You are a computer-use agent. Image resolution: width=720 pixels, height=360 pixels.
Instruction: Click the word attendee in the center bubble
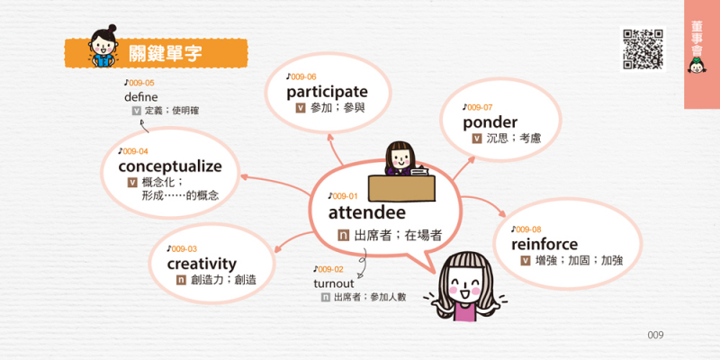[367, 212]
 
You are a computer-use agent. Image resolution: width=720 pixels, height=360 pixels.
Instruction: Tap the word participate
[327, 92]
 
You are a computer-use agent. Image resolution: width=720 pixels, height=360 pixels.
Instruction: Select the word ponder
[490, 122]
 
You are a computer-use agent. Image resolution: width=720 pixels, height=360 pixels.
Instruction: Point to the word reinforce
[544, 244]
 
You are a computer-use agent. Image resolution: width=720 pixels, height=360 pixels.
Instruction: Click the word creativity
[202, 264]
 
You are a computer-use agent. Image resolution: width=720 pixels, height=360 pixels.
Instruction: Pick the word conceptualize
[170, 166]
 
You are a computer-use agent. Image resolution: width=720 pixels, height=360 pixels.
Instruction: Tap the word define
[141, 97]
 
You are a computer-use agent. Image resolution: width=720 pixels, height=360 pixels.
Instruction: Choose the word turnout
[334, 283]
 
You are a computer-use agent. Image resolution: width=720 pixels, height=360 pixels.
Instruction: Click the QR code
[643, 49]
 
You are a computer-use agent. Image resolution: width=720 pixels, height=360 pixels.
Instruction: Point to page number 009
[655, 335]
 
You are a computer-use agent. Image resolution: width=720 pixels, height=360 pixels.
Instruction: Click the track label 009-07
[478, 107]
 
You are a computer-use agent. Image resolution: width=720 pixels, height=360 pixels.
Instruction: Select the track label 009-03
[182, 249]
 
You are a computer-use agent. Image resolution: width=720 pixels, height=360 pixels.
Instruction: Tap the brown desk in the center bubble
[401, 188]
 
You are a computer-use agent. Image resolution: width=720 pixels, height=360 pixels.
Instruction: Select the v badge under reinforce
[526, 261]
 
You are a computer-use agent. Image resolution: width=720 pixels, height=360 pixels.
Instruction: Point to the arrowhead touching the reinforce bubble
[502, 214]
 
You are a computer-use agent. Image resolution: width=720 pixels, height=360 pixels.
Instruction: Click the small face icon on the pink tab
[697, 66]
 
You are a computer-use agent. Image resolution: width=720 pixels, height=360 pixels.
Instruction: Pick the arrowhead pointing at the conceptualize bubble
[244, 177]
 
